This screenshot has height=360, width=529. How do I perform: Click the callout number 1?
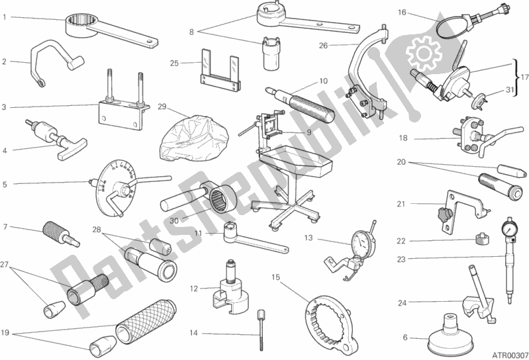coord(5,17)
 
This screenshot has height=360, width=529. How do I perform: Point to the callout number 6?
coord(405,339)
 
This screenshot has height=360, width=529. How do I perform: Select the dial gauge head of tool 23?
coord(510,226)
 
